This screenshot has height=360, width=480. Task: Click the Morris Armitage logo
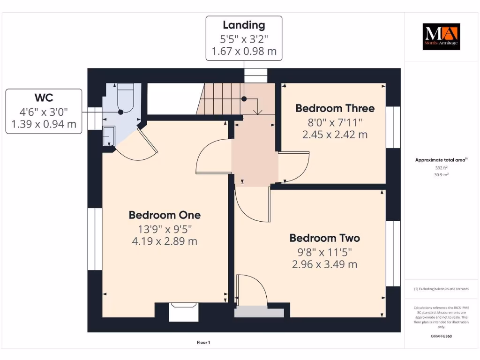(x=441, y=37)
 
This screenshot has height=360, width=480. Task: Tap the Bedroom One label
(x=165, y=215)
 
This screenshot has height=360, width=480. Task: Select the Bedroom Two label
(x=324, y=238)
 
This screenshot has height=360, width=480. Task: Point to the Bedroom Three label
(x=335, y=108)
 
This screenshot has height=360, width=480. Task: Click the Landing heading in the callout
(x=244, y=25)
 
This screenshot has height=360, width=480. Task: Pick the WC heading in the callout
(x=44, y=97)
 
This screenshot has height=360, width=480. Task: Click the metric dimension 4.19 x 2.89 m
(x=165, y=241)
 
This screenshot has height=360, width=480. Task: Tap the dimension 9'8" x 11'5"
(x=324, y=251)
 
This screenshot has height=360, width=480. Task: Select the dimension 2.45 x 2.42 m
(x=335, y=135)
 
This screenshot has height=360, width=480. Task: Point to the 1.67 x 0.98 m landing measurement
(x=244, y=51)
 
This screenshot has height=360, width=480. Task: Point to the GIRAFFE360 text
(x=441, y=336)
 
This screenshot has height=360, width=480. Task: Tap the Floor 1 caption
(x=203, y=343)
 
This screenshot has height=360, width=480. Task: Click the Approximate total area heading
(x=441, y=160)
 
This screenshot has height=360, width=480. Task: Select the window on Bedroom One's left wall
(x=95, y=239)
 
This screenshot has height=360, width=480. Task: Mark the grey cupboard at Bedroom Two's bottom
(x=259, y=312)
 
